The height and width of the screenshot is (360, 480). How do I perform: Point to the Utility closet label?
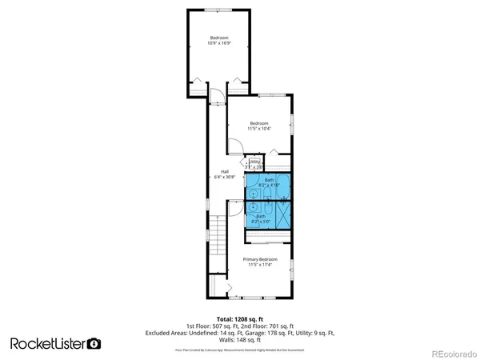[x=254, y=164]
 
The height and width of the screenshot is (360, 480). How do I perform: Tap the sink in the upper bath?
[x=252, y=194]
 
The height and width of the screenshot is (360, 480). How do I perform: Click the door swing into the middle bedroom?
[x=234, y=146]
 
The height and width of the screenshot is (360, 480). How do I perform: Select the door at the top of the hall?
[x=215, y=99]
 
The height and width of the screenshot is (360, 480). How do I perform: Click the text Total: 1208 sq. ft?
[x=240, y=318]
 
